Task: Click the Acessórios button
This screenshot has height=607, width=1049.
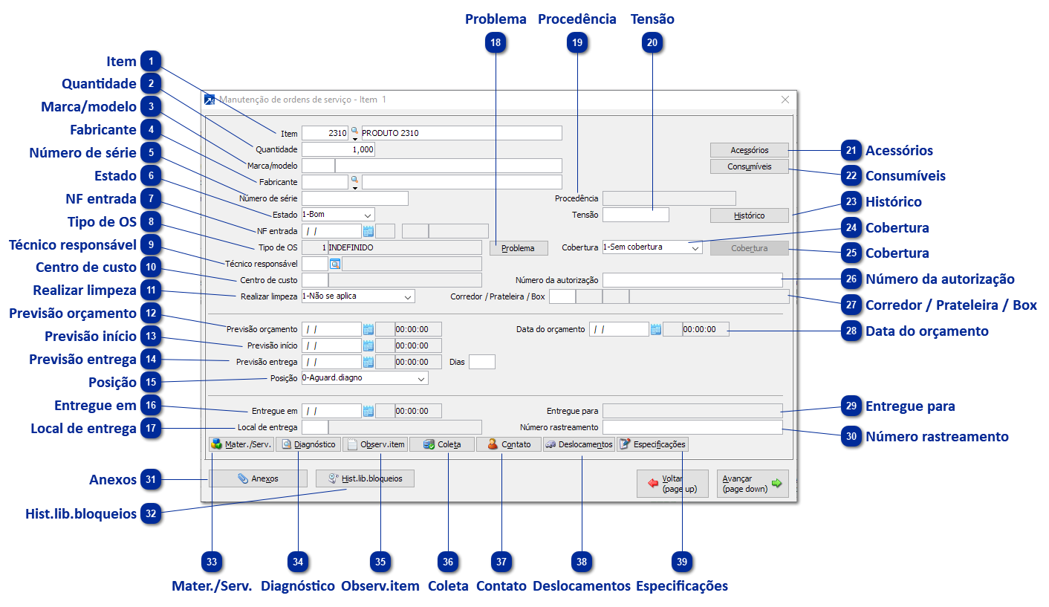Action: [x=749, y=150]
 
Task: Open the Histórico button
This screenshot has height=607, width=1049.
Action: [x=749, y=215]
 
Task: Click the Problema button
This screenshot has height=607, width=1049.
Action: [x=517, y=248]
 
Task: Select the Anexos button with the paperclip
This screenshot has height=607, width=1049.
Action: [x=258, y=478]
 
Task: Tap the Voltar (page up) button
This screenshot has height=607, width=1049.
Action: [x=666, y=484]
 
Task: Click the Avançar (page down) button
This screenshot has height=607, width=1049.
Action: [x=752, y=484]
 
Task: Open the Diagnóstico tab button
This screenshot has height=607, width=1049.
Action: [x=308, y=444]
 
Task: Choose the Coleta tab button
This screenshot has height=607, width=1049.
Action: [x=441, y=444]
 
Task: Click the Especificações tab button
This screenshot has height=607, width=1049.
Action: [x=652, y=444]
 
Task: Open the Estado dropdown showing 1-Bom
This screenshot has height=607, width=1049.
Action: [x=337, y=215]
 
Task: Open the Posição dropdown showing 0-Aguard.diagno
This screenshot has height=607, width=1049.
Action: [x=364, y=378]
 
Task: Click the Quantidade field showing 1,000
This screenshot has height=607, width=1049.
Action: [x=338, y=149]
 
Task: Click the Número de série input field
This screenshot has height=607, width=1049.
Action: [x=355, y=198]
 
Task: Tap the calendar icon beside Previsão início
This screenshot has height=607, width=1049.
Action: [x=368, y=345]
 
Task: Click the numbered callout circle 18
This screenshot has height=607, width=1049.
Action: [x=496, y=43]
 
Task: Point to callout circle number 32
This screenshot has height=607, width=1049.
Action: [x=151, y=513]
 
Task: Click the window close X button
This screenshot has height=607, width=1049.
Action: [x=785, y=100]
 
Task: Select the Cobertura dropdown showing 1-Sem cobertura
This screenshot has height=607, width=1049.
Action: [x=652, y=247]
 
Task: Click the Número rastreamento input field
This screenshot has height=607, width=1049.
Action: [x=692, y=427]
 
